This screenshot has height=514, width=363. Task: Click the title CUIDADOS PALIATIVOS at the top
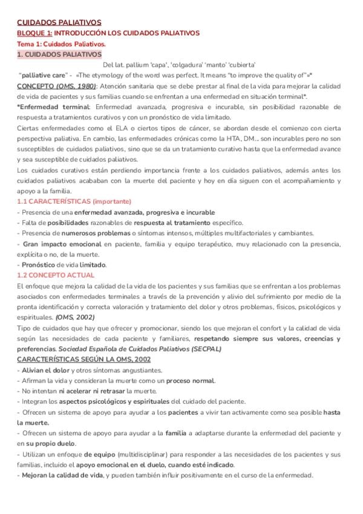[59, 22]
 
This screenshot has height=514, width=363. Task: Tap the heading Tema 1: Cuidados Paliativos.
[60, 44]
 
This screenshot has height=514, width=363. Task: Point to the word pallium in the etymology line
[132, 65]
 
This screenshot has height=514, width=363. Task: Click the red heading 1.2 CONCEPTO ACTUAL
[56, 275]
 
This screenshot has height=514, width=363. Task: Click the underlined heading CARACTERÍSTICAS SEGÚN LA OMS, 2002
[83, 359]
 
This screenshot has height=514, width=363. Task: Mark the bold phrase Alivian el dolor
[45, 370]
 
